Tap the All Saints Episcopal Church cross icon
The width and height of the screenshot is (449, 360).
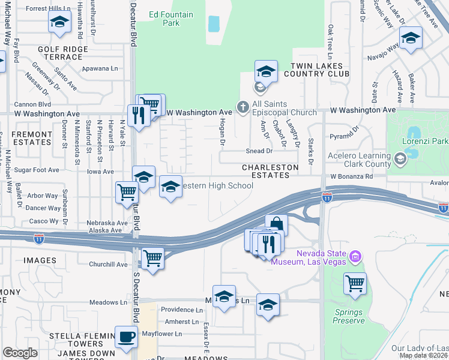tap(243, 107)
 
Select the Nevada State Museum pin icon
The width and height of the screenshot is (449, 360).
tap(354, 257)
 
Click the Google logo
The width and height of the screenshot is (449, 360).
tap(20, 353)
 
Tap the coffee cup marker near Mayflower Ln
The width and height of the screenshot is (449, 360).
tap(125, 338)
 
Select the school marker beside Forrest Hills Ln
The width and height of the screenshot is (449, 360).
tap(59, 22)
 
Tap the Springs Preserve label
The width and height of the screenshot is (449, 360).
tap(349, 316)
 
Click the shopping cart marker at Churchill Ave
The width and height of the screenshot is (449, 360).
tap(153, 259)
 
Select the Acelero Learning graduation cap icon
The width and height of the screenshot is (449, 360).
tap(400, 159)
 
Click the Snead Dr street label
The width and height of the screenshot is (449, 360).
tap(259, 151)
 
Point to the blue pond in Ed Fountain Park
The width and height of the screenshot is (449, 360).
tap(213, 24)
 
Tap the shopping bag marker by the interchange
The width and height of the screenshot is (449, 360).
tap(276, 225)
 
